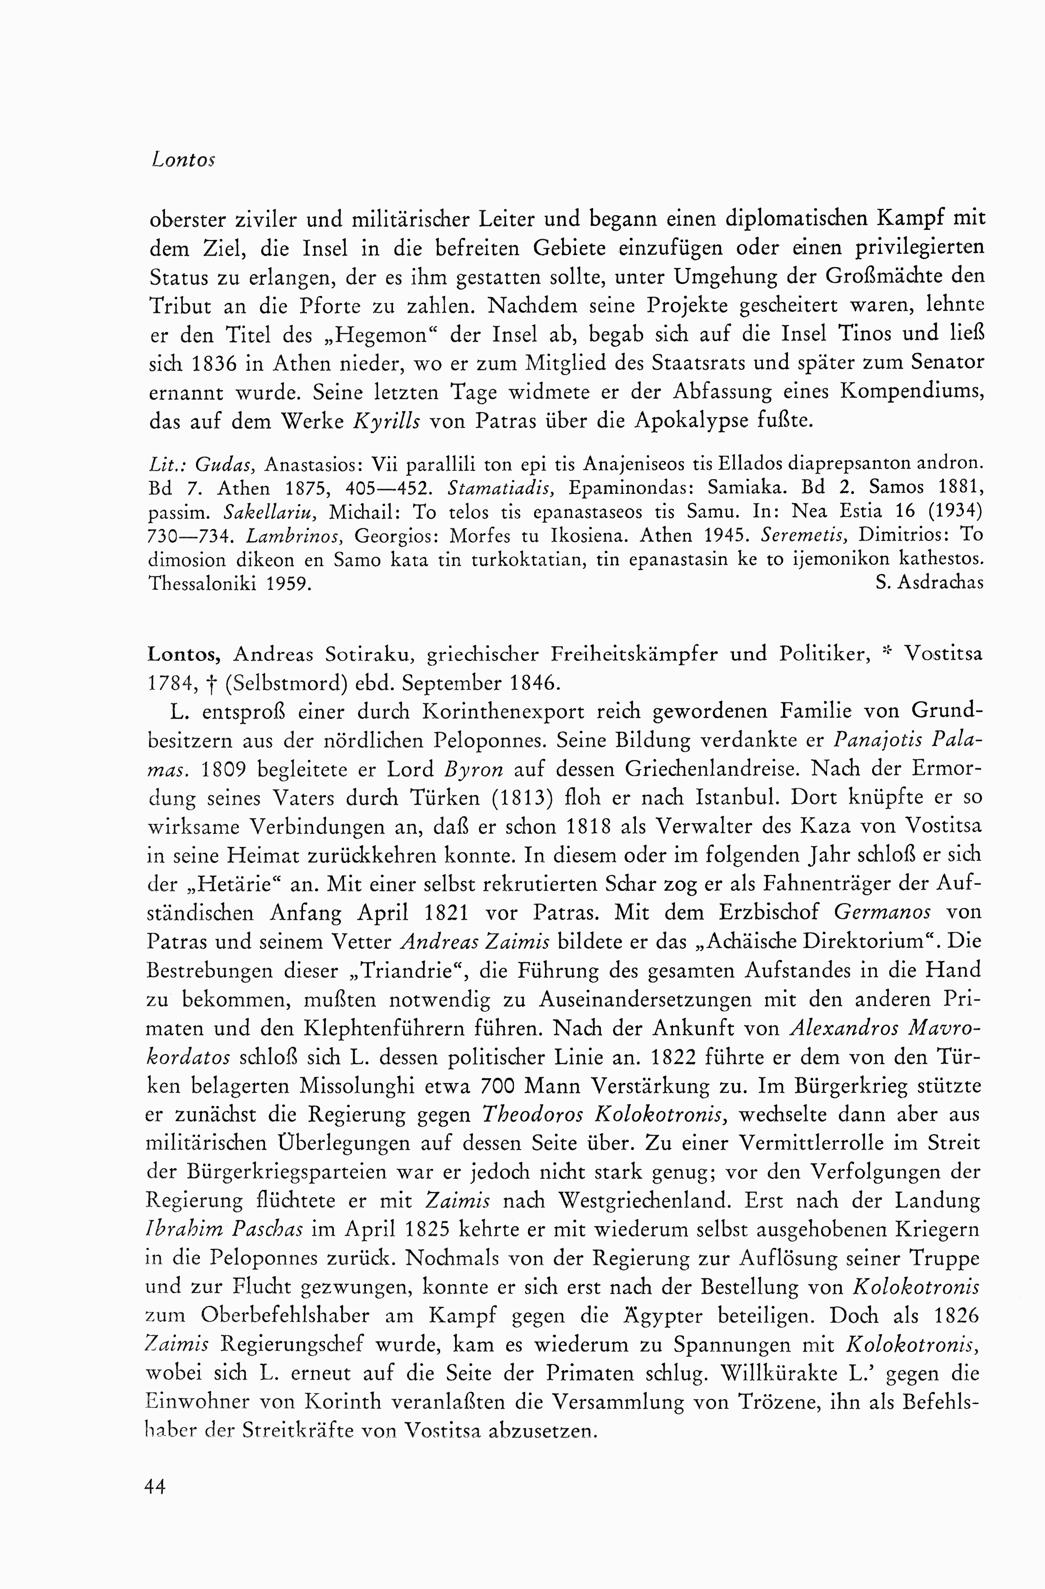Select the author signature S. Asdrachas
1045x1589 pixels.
(x=929, y=583)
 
